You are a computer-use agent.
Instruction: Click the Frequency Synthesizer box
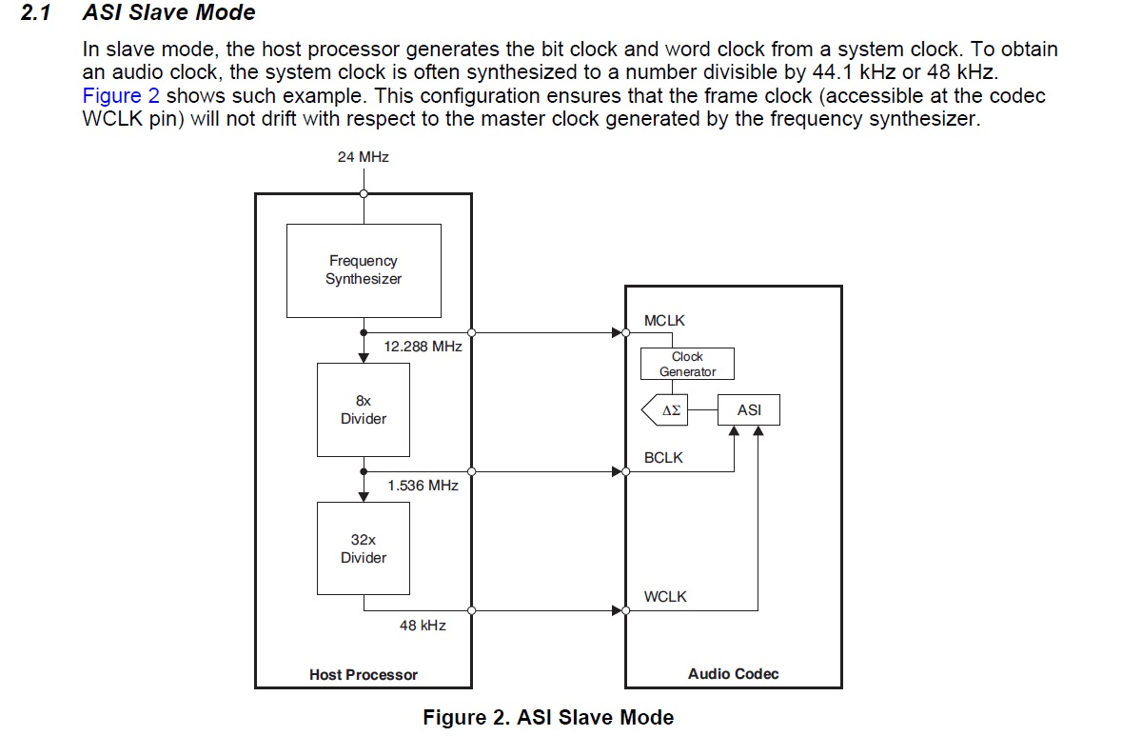point(364,270)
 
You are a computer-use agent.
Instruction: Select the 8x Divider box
point(364,410)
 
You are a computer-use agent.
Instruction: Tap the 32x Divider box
point(364,548)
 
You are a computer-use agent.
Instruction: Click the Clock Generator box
point(687,364)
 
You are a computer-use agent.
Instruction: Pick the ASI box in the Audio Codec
point(749,410)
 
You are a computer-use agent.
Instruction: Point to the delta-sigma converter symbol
point(666,410)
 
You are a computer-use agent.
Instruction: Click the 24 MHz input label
point(363,156)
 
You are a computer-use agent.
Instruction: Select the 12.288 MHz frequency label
point(423,347)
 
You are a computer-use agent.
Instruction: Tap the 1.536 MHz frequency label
point(423,486)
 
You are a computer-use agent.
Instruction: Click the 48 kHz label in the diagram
point(423,626)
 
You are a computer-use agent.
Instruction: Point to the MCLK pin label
point(664,321)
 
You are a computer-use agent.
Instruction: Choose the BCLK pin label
point(663,458)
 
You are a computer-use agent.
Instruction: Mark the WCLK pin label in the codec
point(665,597)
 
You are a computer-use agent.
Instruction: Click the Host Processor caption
point(364,675)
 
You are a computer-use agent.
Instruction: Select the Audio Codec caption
point(733,674)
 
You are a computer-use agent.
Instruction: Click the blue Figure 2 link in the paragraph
point(121,96)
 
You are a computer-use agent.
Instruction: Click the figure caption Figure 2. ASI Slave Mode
point(548,718)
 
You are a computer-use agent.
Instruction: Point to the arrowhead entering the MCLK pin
point(617,332)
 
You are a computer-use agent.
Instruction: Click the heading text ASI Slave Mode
point(169,13)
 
